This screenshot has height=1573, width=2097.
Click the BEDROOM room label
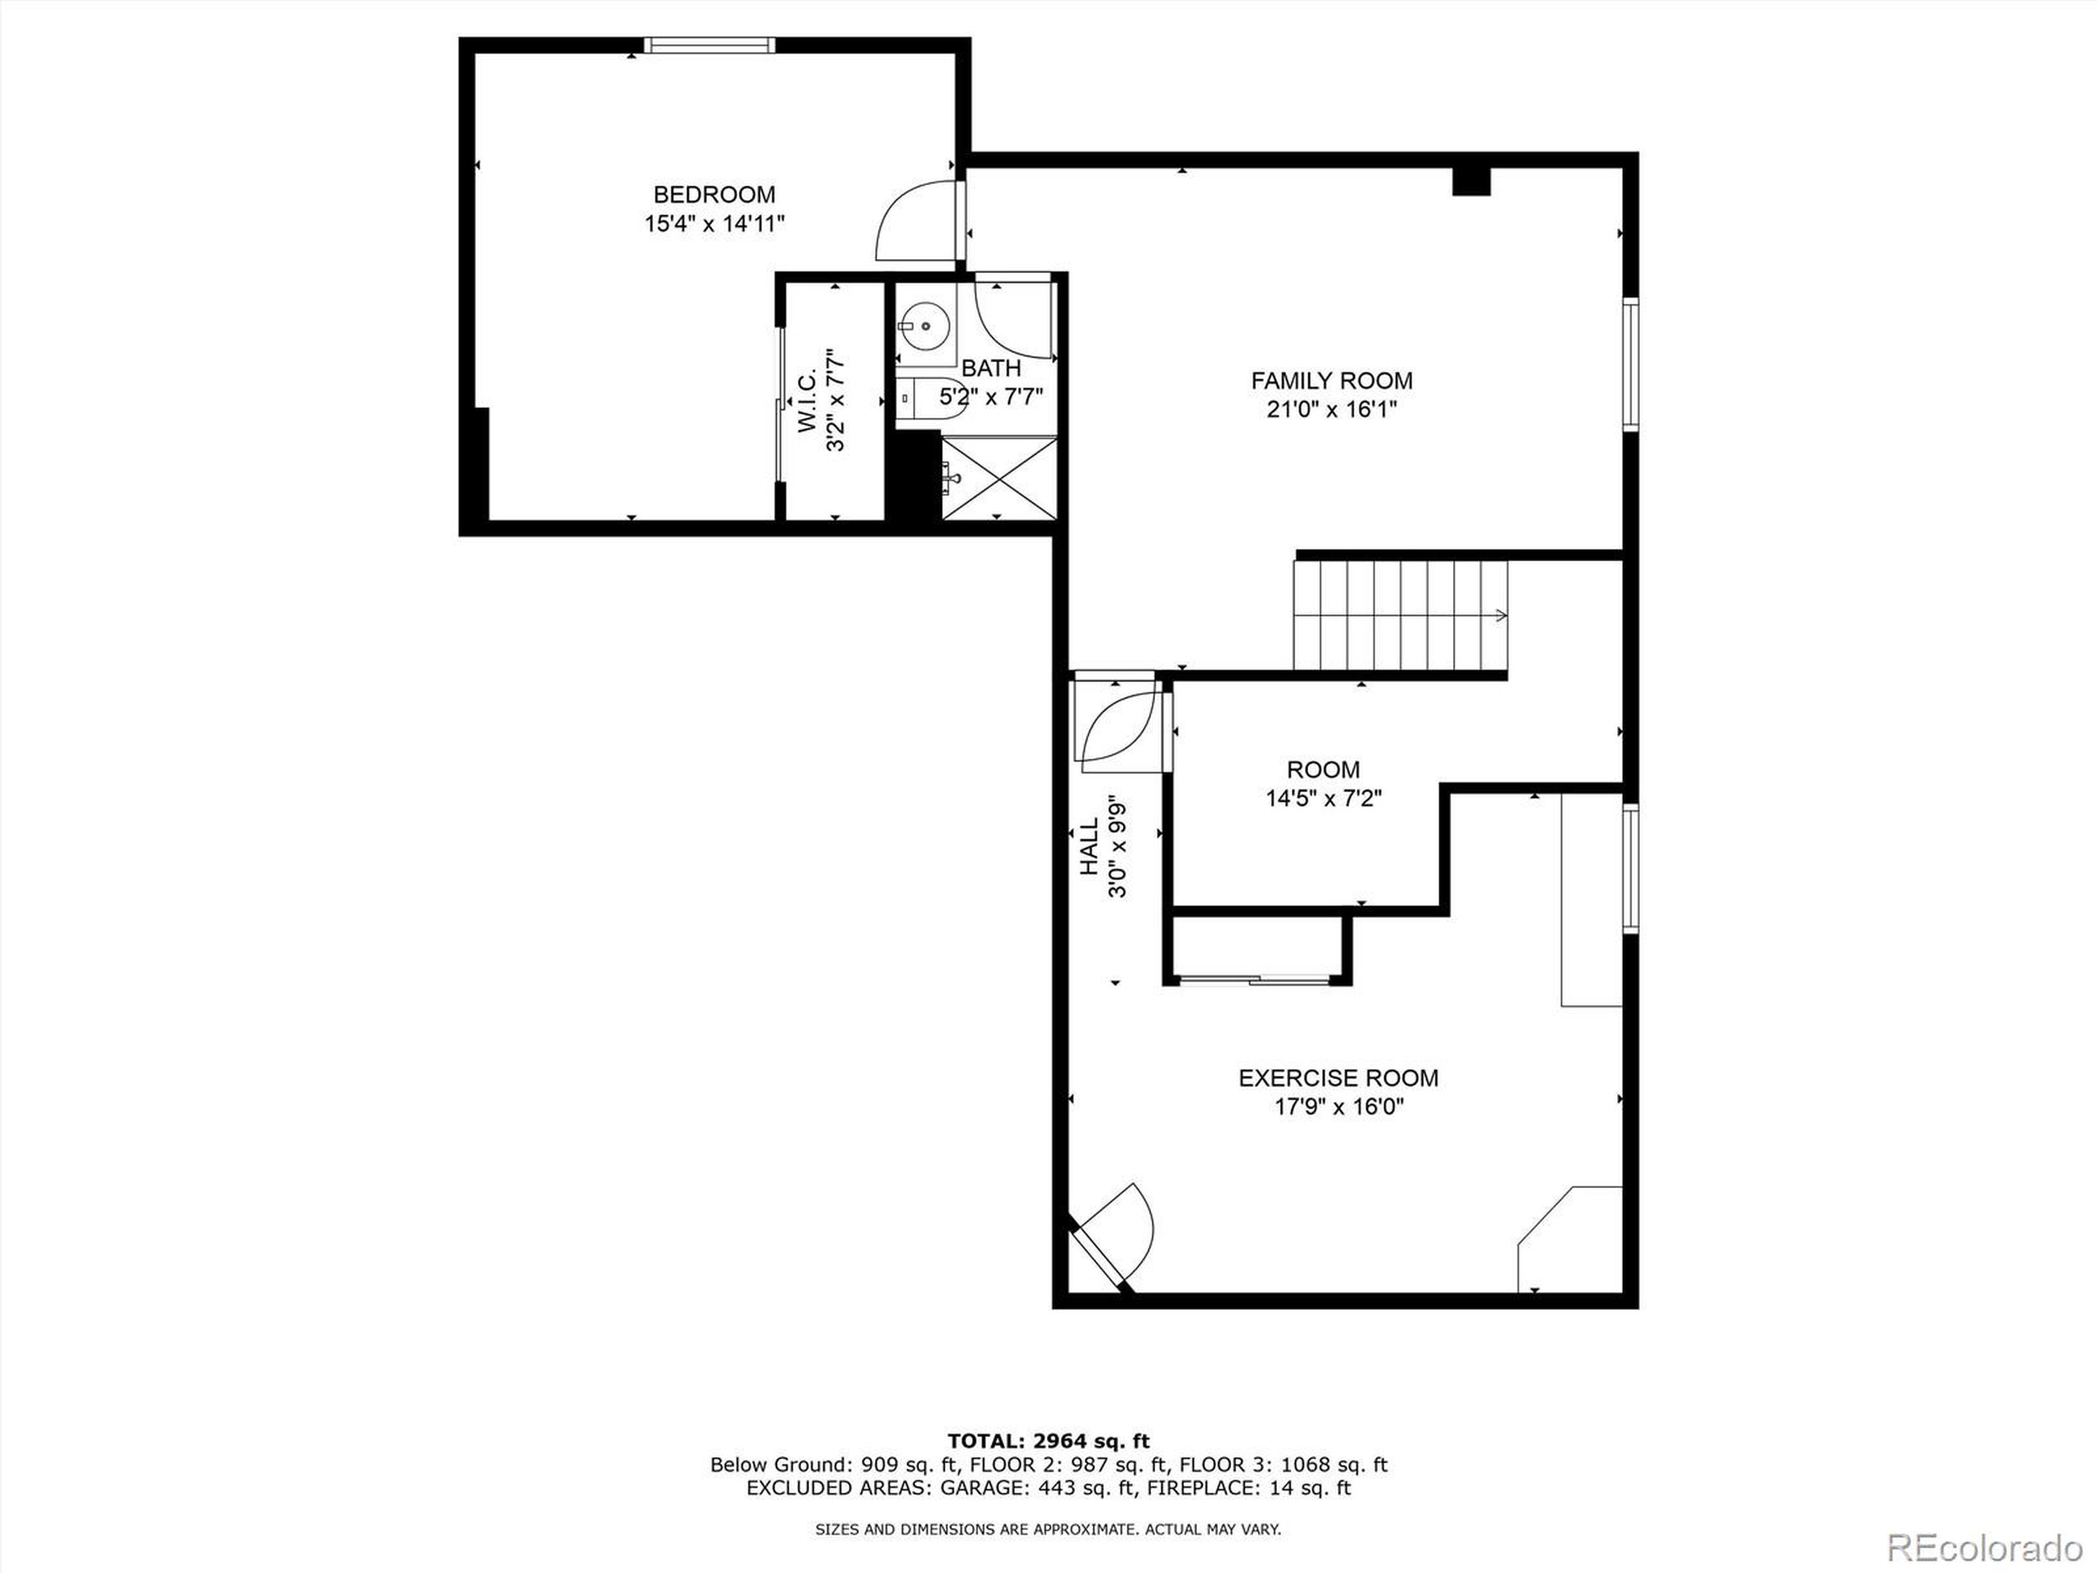713,194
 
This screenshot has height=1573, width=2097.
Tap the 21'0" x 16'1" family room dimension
1331,410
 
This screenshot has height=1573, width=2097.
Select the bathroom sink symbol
923,326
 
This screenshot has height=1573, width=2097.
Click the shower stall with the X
999,478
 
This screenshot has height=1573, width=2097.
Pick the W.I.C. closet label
807,402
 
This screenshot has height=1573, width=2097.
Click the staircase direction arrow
1500,615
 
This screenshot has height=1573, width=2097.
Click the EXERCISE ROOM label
1338,1078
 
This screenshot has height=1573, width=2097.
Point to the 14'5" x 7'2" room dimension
1324,798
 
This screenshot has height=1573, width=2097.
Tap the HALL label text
1089,848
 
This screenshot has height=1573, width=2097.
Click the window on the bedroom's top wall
709,44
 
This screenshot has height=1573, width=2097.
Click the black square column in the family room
1471,180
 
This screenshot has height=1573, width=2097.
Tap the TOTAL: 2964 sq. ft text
1048,1442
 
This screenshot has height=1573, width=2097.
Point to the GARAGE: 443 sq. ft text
1037,1488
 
